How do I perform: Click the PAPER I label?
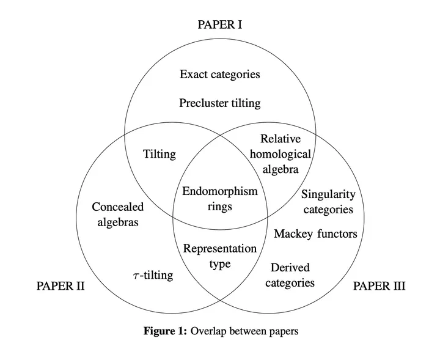(220, 24)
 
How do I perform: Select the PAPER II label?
(61, 286)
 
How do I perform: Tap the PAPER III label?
(380, 286)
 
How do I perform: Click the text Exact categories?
(220, 75)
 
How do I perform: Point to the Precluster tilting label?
(220, 103)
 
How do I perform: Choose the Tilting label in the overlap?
(159, 154)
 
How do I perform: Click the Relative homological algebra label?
(280, 154)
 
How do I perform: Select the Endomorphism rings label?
(220, 199)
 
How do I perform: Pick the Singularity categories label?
(328, 202)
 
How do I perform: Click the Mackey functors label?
(315, 233)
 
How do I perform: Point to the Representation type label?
(220, 256)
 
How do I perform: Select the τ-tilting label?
(153, 275)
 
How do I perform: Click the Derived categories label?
(290, 275)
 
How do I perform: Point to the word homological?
(280, 154)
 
